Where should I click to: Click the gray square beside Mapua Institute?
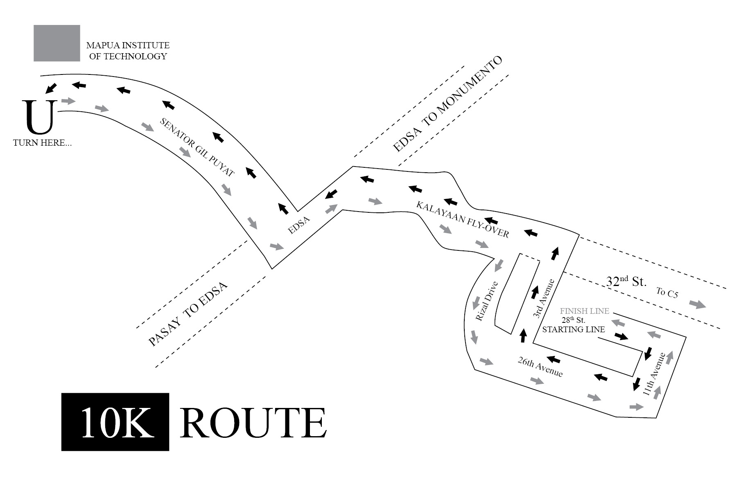click(x=57, y=43)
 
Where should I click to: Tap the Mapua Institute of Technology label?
click(x=128, y=51)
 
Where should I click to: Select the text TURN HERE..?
click(x=42, y=143)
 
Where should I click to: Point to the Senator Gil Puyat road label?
click(x=197, y=147)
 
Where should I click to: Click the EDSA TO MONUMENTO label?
click(x=447, y=104)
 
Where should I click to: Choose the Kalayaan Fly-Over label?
click(x=463, y=220)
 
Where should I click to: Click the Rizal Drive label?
click(x=487, y=301)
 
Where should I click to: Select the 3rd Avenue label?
click(x=544, y=298)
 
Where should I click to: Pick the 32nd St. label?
click(x=626, y=282)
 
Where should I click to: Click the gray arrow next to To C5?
click(x=698, y=304)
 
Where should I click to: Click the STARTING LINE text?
click(x=574, y=329)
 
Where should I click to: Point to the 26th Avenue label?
click(x=540, y=367)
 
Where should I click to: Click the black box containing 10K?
click(x=115, y=422)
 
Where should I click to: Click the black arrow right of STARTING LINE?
click(x=622, y=337)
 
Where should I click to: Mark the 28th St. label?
click(x=573, y=320)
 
